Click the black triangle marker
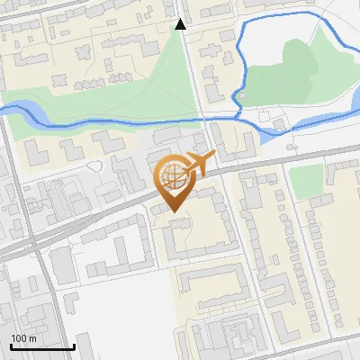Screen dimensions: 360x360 181,24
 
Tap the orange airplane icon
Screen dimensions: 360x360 200,165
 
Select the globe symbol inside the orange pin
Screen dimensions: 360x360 173,176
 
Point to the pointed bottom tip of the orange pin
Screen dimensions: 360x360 173,212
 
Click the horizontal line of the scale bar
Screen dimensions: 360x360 42,346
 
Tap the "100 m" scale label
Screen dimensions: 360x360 23,338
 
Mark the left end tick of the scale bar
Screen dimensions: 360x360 11,345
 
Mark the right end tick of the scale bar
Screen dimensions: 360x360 74,345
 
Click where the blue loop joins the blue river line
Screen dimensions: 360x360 239,116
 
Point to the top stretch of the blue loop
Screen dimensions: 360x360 279,18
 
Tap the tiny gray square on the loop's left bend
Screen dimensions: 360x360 241,94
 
